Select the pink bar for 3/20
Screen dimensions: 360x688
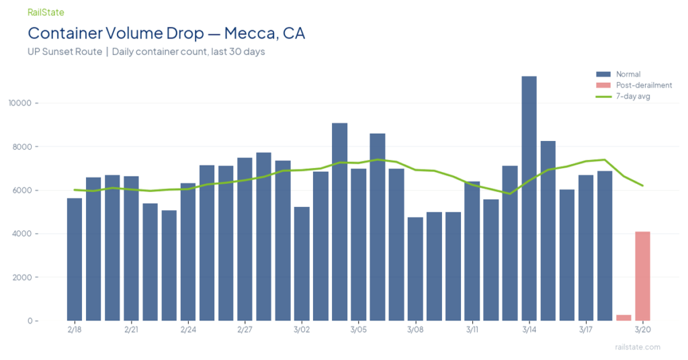[x=642, y=276]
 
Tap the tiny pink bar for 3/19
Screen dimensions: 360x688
[x=623, y=317]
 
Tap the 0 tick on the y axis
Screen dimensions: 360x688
[x=30, y=321]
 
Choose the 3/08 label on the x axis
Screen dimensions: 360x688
[x=415, y=330]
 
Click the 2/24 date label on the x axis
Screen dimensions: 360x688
[x=188, y=330]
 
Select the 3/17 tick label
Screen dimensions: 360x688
[x=585, y=330]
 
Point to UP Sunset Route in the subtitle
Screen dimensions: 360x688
[x=64, y=52]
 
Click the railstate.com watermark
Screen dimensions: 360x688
[x=638, y=347]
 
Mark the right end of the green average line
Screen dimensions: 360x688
[x=643, y=185]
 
